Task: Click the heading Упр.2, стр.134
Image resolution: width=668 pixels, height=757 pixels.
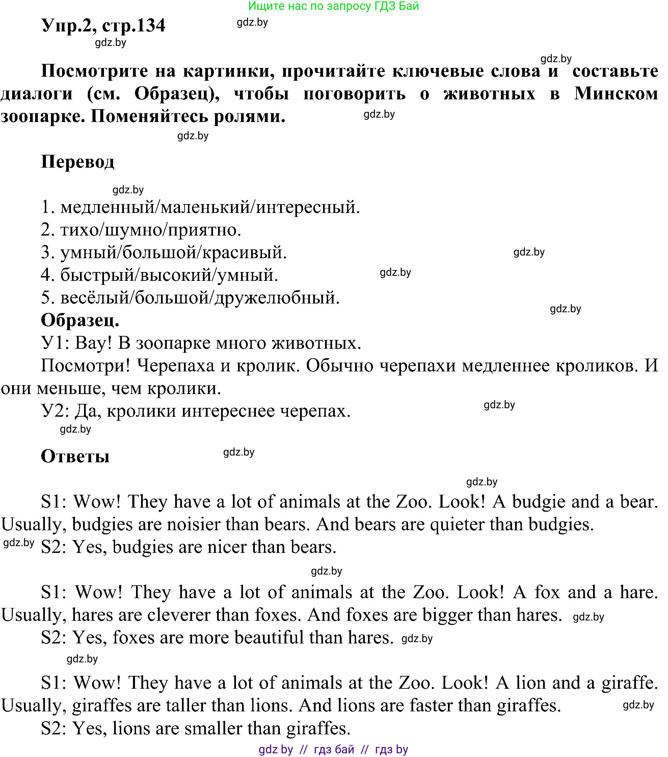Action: [x=103, y=26]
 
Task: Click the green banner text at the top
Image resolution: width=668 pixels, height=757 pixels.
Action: [x=333, y=6]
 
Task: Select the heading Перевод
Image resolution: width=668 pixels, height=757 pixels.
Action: [x=78, y=162]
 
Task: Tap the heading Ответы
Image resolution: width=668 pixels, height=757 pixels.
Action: [x=75, y=456]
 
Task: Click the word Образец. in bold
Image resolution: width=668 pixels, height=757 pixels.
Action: [x=80, y=320]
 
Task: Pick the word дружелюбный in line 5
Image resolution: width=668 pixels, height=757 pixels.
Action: [x=277, y=298]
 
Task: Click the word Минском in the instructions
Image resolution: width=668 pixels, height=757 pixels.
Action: [x=616, y=94]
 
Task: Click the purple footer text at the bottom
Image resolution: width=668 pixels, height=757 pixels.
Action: [x=333, y=749]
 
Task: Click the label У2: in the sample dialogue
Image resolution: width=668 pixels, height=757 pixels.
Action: [x=55, y=411]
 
